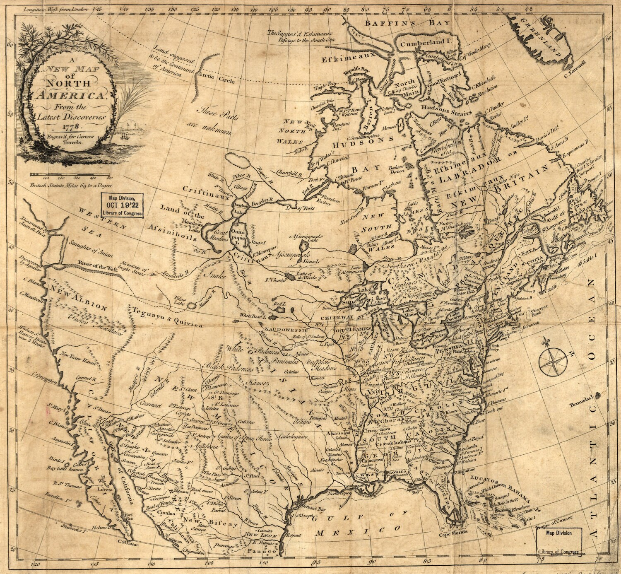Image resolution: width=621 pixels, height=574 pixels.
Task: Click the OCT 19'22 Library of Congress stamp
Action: pyautogui.click(x=123, y=205)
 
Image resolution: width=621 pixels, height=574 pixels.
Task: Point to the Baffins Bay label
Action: pyautogui.click(x=407, y=24)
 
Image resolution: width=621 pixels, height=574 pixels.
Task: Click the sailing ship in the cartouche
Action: pyautogui.click(x=125, y=135)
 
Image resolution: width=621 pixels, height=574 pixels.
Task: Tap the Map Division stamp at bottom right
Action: pyautogui.click(x=559, y=542)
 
